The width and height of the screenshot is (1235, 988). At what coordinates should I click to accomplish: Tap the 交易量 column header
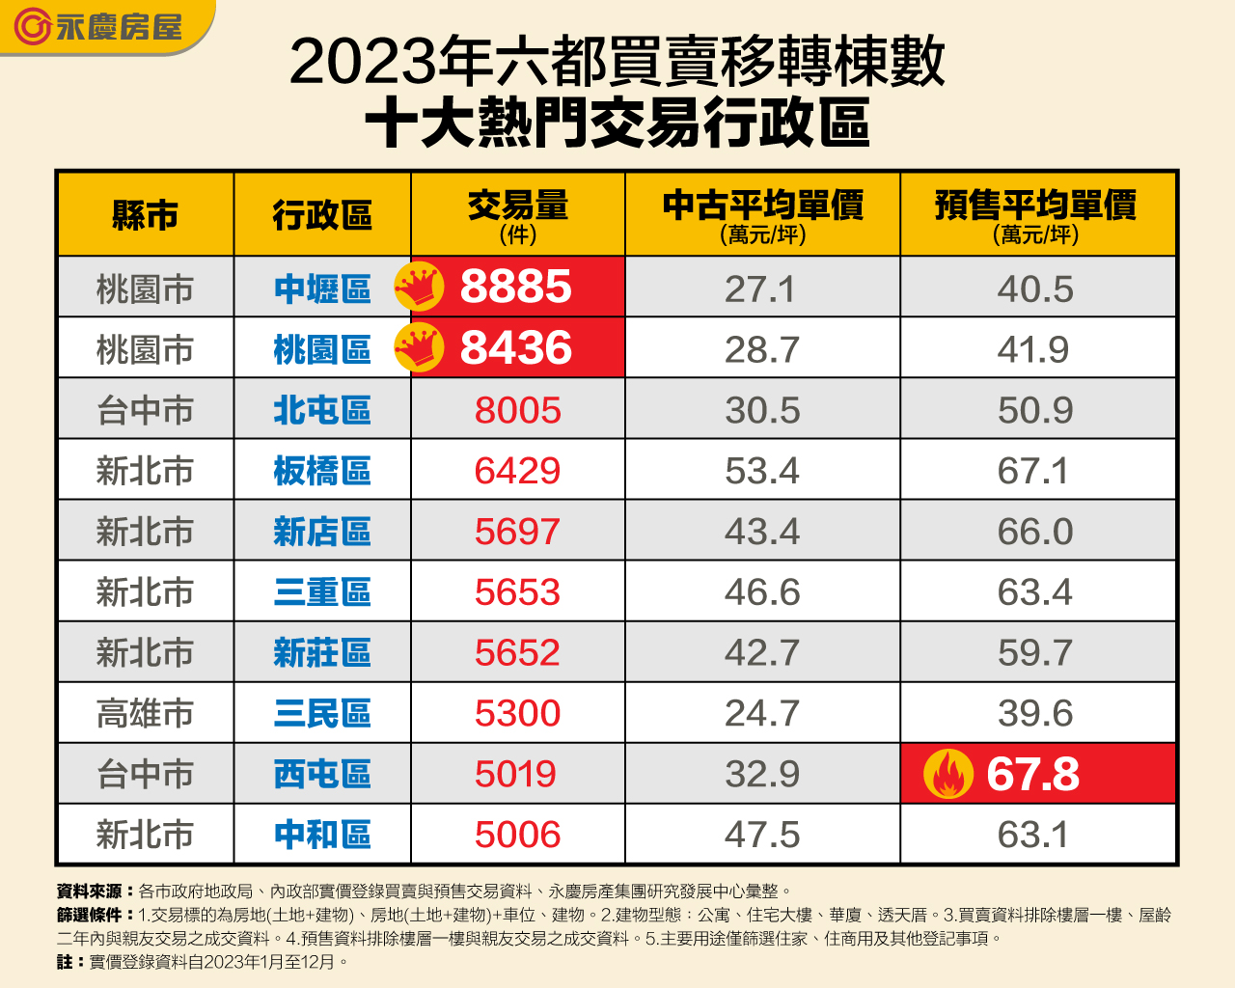(518, 214)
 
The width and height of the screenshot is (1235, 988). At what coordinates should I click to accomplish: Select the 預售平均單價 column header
(1036, 214)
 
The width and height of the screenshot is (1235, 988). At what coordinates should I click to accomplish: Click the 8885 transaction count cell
(516, 288)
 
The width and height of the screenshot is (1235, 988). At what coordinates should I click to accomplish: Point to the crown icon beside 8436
(419, 348)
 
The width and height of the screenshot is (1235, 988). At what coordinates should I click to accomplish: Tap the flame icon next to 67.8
(948, 774)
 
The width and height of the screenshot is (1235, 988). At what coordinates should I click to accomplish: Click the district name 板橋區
(322, 472)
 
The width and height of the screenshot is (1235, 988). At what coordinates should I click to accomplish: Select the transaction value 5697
(517, 532)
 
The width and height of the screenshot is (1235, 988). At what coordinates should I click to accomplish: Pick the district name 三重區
(322, 592)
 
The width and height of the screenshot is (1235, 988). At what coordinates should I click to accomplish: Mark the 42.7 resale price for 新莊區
(762, 653)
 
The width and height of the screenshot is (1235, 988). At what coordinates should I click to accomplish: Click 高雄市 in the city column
(145, 714)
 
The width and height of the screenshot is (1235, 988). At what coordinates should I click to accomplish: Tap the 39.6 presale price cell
(1035, 714)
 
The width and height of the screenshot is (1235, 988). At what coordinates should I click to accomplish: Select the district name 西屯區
(322, 775)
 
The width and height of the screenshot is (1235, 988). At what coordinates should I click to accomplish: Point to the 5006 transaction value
(517, 835)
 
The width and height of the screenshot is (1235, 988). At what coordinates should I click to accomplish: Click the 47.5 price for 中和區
(762, 835)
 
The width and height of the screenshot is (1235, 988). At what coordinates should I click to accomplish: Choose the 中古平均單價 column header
(762, 214)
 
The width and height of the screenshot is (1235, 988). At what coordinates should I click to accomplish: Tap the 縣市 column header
(145, 215)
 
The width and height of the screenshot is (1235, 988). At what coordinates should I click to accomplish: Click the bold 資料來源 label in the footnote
(90, 892)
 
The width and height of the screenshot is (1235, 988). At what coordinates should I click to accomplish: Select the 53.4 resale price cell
(762, 472)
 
